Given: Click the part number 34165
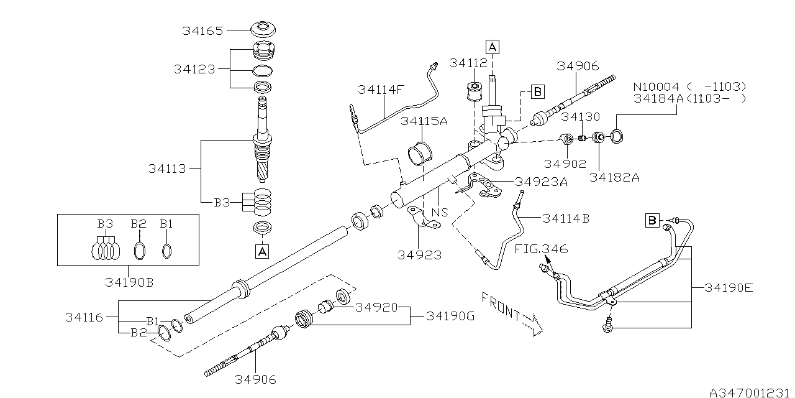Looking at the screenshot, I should (x=202, y=30).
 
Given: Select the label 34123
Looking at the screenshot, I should (x=194, y=69).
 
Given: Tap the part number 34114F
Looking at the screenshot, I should (x=381, y=90).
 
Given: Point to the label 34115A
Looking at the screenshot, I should (x=424, y=121).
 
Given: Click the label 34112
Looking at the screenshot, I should (x=470, y=63).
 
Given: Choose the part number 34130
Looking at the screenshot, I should (x=581, y=116).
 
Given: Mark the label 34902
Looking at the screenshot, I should (x=565, y=164).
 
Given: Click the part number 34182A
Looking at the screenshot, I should (x=614, y=177).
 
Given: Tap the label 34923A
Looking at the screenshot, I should (x=542, y=182).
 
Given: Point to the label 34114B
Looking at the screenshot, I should (x=566, y=218).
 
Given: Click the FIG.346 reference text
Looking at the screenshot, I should (x=541, y=249).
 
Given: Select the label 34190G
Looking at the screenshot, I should (x=450, y=316).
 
